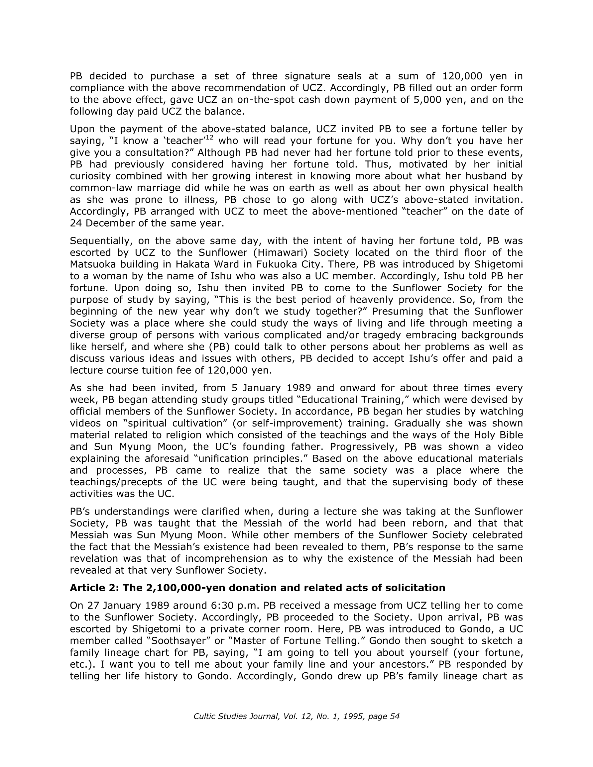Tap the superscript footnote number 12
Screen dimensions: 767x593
[209, 137]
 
